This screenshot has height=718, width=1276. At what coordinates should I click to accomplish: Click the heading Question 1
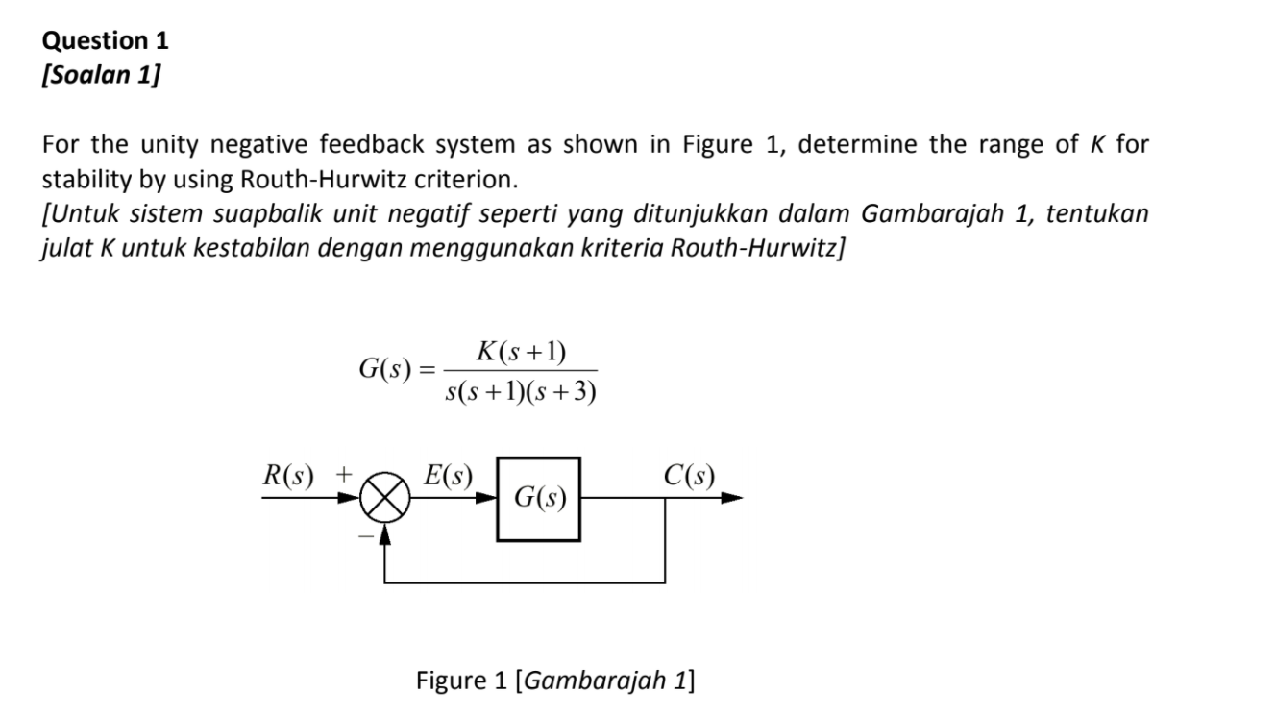pos(106,40)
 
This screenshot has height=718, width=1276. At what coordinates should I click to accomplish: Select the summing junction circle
pos(385,499)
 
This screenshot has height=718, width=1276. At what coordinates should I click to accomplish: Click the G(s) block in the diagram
pos(538,499)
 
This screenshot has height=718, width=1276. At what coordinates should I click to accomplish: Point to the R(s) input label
pos(290,476)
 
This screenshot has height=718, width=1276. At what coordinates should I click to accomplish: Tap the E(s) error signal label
pos(449,476)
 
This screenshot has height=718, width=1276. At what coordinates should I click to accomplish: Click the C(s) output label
pos(688,476)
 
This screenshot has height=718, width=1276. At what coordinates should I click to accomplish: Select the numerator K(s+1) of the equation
pos(521,353)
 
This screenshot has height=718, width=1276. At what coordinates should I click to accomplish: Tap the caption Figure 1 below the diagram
pos(555,681)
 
